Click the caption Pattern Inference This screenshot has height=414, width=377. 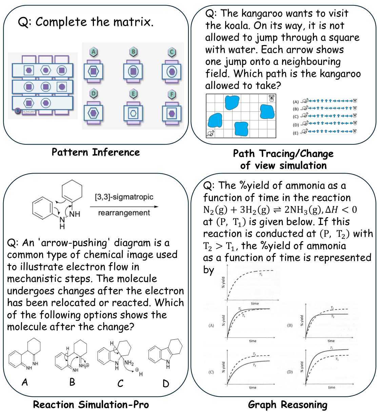pos(96,152)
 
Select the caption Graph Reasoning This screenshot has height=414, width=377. pos(287,405)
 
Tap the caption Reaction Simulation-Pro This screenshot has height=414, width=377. pos(91,405)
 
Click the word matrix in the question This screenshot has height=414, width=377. pos(132,22)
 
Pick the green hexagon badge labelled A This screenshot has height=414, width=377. pos(93,52)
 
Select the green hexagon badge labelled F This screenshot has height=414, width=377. pos(172,94)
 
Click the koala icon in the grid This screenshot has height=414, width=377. pos(271,98)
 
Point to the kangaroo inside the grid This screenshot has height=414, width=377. pos(210,134)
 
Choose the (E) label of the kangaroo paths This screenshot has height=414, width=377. pos(296,133)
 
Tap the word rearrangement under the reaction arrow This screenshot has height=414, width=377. pos(124,213)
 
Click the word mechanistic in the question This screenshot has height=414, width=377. pos(31,279)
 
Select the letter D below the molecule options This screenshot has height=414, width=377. pos(166,384)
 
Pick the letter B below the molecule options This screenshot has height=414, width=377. pos(72,382)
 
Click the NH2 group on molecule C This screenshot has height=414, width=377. pos(129,363)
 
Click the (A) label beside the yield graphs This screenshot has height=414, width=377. pos(211,326)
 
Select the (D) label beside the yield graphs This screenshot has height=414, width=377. pos(290,372)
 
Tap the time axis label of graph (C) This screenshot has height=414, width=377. pos(253,387)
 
